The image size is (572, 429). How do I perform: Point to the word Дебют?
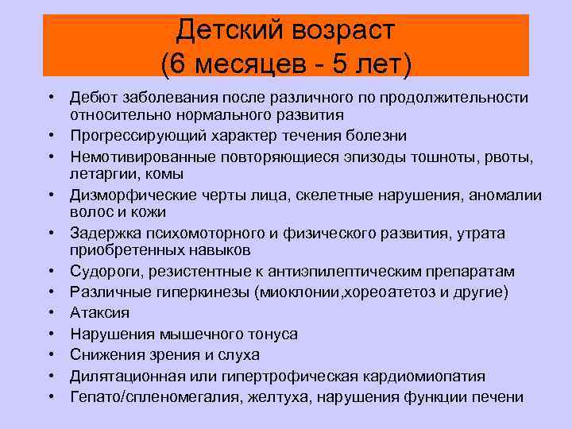point(94,97)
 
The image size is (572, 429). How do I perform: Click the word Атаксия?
point(100,313)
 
